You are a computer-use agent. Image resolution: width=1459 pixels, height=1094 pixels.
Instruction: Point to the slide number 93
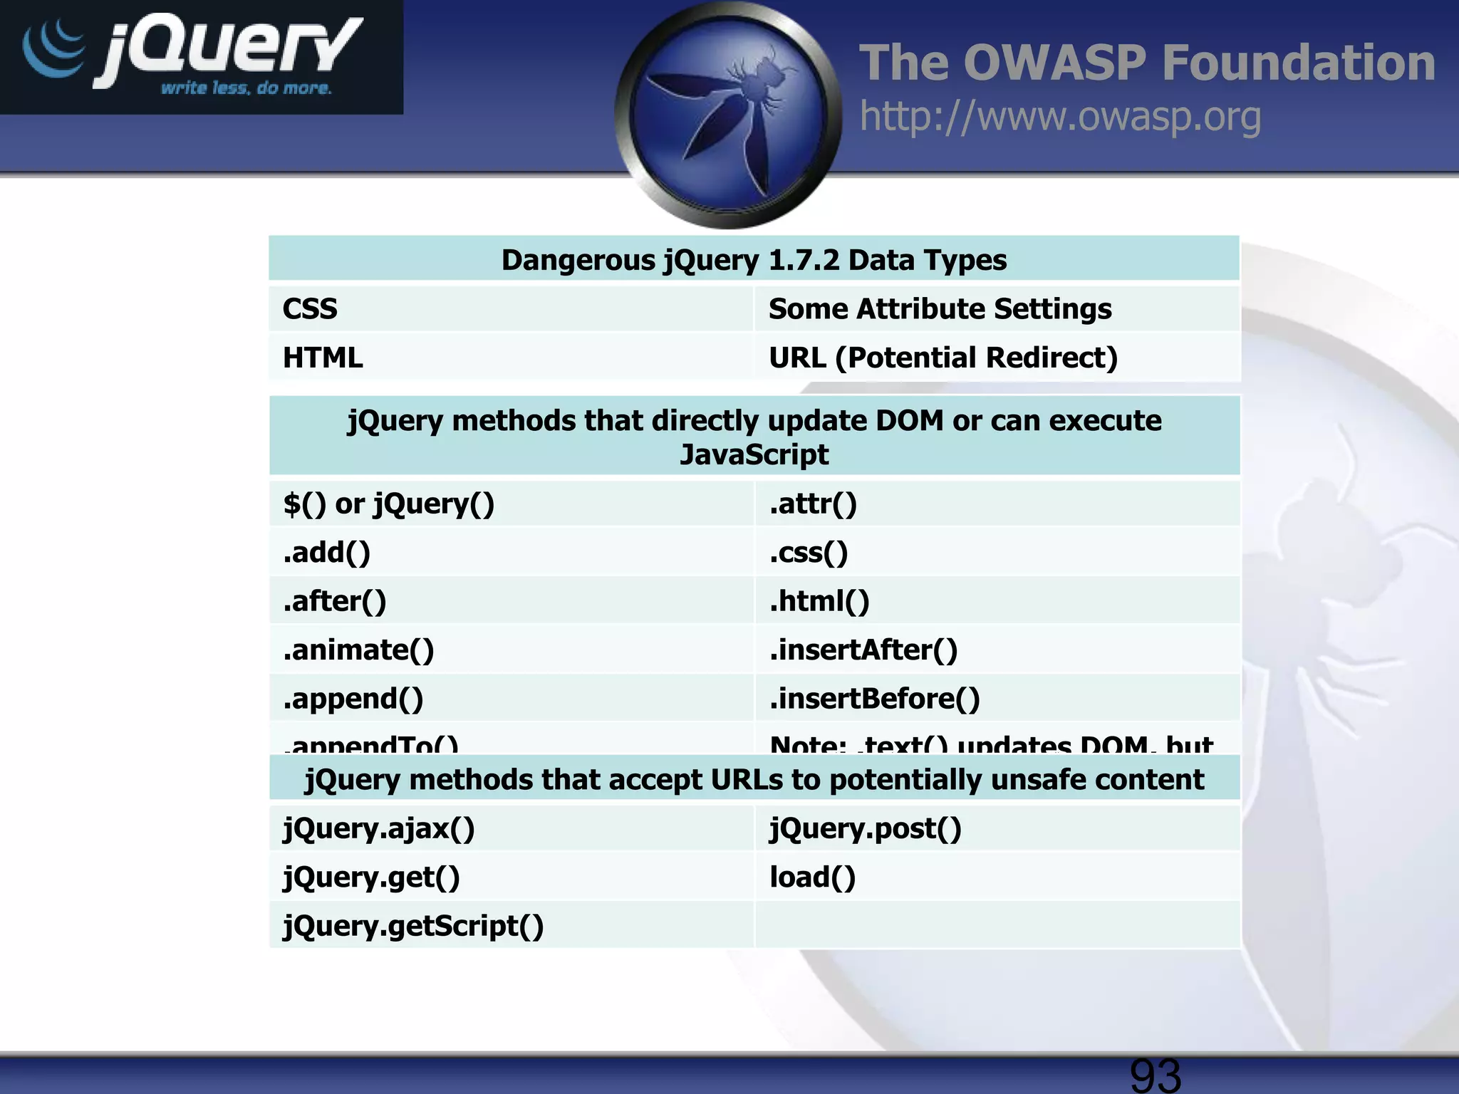[x=1155, y=1074]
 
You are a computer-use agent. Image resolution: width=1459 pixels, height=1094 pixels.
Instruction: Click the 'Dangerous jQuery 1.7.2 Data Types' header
[x=754, y=260]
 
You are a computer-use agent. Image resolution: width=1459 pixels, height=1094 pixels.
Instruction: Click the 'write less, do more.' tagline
[x=246, y=88]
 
